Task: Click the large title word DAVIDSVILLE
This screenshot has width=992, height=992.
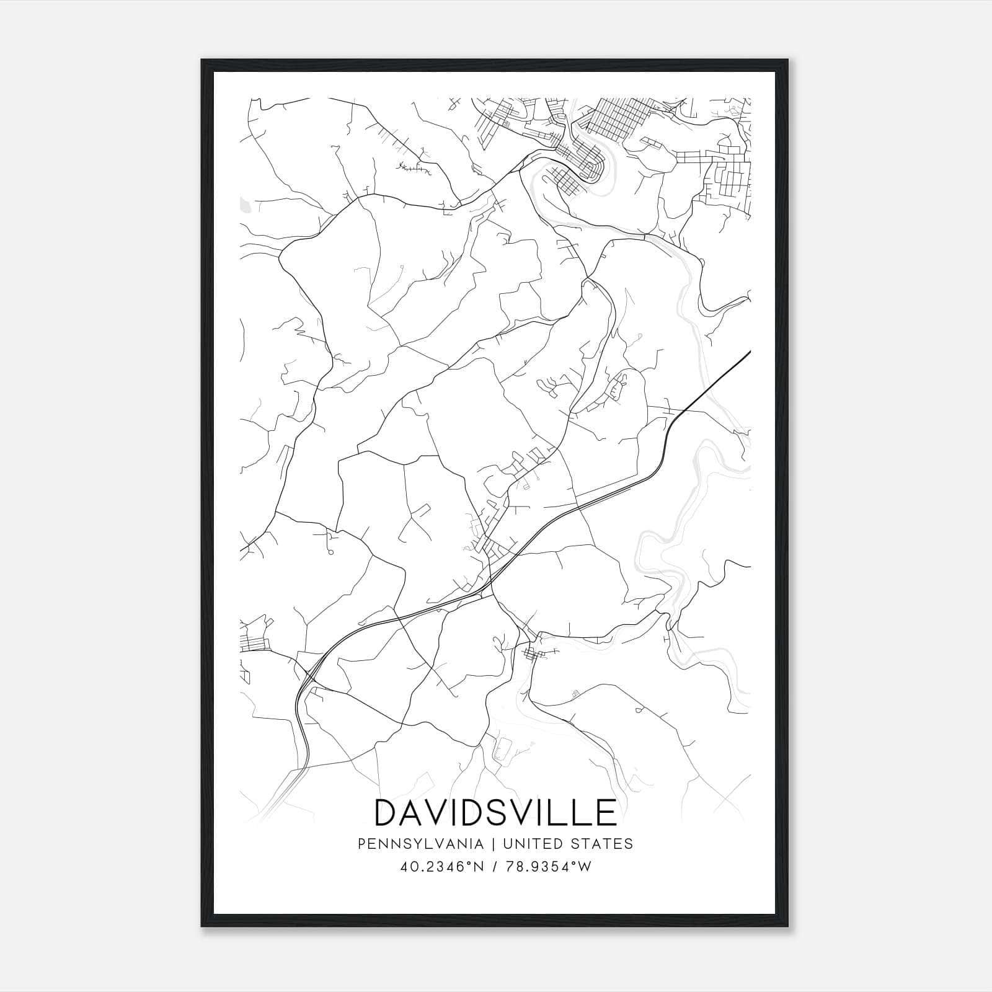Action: [x=495, y=813]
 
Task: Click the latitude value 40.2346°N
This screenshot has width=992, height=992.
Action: [x=441, y=867]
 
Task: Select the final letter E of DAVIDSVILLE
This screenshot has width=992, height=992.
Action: [x=604, y=813]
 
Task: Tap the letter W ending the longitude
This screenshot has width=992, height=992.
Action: [x=584, y=867]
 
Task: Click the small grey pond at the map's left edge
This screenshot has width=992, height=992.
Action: [x=245, y=204]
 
